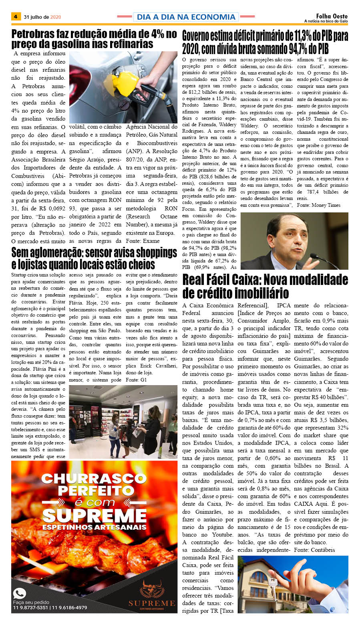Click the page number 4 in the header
tap(16, 17)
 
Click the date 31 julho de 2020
tap(42, 17)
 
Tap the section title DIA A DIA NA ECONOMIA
tap(186, 17)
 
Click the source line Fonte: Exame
tap(143, 241)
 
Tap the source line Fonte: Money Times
tap(318, 205)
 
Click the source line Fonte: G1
tap(136, 380)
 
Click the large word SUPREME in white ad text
tap(95, 516)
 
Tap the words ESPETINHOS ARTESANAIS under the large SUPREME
tap(95, 527)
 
